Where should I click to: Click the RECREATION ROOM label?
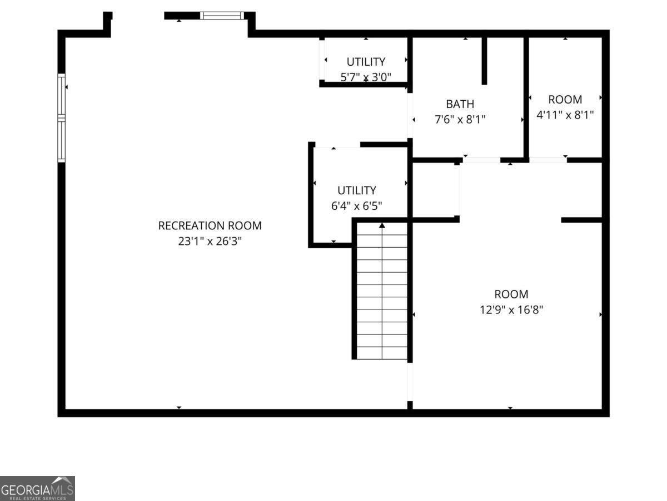pyautogui.click(x=210, y=225)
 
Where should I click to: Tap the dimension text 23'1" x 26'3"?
pyautogui.click(x=210, y=242)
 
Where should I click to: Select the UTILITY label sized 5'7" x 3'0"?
pyautogui.click(x=366, y=61)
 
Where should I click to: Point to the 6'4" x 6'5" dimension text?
pyautogui.click(x=356, y=206)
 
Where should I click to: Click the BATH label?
pyautogui.click(x=460, y=104)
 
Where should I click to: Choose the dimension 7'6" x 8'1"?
pyautogui.click(x=460, y=119)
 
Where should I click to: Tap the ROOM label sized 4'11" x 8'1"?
pyautogui.click(x=565, y=100)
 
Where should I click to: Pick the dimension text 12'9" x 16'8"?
pyautogui.click(x=511, y=310)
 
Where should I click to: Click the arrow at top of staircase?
pyautogui.click(x=382, y=225)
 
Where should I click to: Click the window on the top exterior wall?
pyautogui.click(x=222, y=16)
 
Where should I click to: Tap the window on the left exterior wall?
pyautogui.click(x=61, y=117)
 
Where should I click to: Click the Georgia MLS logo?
pyautogui.click(x=37, y=488)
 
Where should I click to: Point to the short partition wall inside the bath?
pyautogui.click(x=484, y=60)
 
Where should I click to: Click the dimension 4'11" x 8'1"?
pyautogui.click(x=565, y=115)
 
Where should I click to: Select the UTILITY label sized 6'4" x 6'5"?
pyautogui.click(x=356, y=190)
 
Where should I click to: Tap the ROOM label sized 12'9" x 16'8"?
pyautogui.click(x=511, y=294)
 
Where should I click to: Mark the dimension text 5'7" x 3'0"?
pyautogui.click(x=366, y=77)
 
